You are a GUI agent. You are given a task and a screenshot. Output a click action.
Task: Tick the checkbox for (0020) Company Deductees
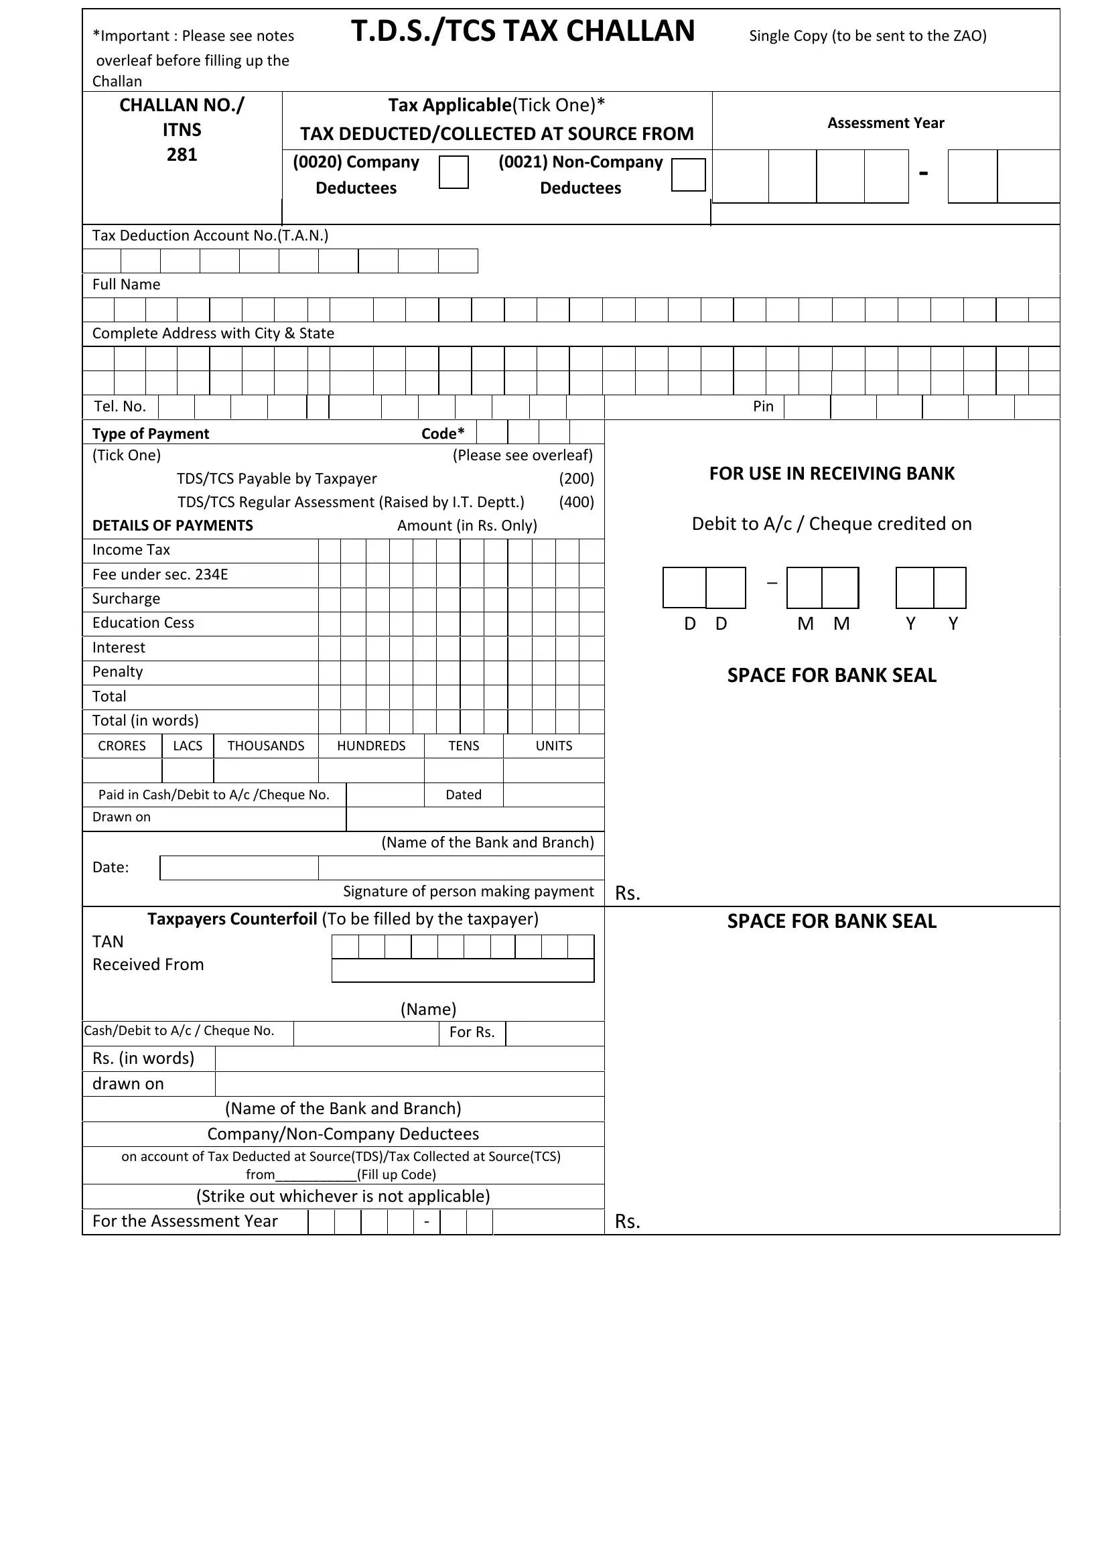(453, 172)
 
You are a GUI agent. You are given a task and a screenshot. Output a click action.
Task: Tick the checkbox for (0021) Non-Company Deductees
(688, 175)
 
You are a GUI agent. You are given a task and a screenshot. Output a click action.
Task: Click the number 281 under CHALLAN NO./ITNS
(182, 155)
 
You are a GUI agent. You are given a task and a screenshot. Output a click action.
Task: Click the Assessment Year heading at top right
(885, 123)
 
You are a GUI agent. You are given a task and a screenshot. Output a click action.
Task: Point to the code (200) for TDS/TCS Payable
(576, 478)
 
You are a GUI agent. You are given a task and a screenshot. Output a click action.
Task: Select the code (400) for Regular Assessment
(576, 502)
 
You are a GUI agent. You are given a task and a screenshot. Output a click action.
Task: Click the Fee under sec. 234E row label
(160, 575)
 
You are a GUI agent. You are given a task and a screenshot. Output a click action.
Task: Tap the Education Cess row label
(143, 623)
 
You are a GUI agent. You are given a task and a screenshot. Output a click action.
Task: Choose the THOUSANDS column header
(265, 746)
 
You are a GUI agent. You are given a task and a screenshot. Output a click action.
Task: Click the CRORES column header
(121, 746)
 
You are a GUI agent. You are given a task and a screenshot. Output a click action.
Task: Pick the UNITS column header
(553, 746)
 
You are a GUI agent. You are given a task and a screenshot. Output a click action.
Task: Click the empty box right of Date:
(238, 868)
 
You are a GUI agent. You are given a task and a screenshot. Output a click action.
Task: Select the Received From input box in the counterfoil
(463, 971)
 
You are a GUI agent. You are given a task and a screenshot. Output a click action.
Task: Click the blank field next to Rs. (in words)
(409, 1059)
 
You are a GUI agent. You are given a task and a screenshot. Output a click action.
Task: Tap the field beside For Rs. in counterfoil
(554, 1033)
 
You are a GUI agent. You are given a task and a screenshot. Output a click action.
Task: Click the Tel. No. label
(120, 407)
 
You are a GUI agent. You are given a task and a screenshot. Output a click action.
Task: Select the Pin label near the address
(763, 407)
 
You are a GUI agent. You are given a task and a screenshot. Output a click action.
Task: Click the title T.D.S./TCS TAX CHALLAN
(523, 31)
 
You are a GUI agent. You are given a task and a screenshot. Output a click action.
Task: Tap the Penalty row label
(117, 672)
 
